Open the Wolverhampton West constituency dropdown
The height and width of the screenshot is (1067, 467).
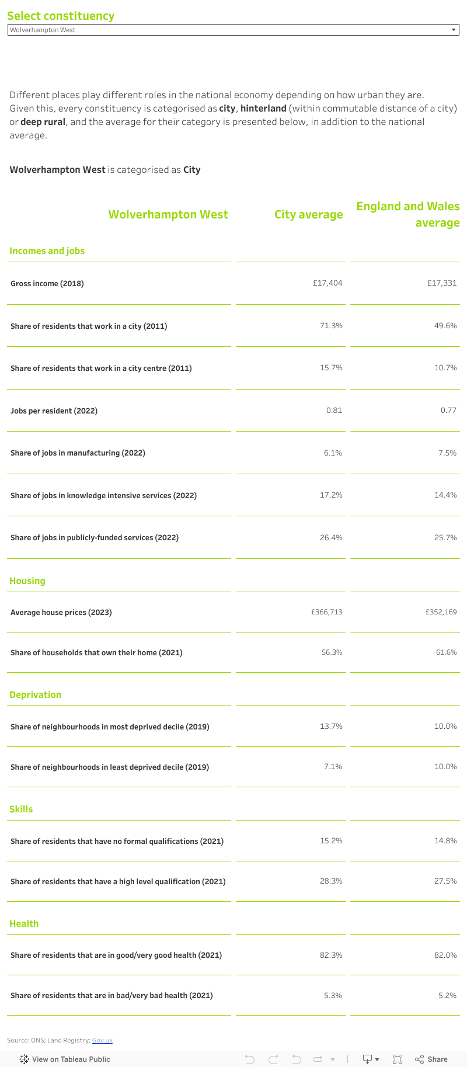point(233,30)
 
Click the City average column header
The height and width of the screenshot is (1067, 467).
point(308,214)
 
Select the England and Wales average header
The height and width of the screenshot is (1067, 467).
point(407,214)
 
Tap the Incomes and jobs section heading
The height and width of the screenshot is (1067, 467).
point(47,251)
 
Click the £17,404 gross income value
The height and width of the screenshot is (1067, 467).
point(327,283)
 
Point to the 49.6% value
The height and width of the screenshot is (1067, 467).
point(445,325)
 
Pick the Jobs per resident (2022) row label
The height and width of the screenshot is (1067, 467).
point(54,411)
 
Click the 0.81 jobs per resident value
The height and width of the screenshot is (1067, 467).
point(334,410)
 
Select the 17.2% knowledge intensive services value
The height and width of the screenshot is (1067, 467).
point(331,495)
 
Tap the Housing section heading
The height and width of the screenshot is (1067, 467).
point(27,581)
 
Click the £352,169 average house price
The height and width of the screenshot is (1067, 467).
point(441,612)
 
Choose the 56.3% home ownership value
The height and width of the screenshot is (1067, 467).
point(332,652)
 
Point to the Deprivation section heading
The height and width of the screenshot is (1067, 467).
point(35,694)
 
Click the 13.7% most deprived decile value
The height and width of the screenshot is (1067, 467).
point(331,726)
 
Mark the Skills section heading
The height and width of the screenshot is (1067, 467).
point(21,809)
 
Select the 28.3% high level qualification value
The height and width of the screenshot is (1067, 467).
point(331,881)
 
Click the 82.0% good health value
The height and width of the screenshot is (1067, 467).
point(445,955)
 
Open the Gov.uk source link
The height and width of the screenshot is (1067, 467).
point(102,1040)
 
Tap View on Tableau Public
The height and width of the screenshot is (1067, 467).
point(65,1059)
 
